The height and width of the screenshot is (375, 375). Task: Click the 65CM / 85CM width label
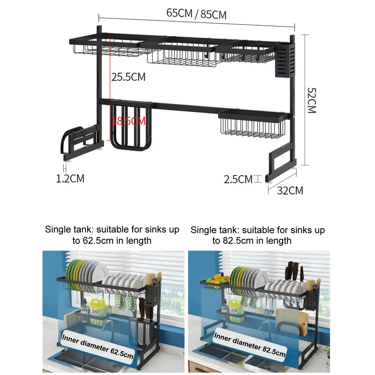pyautogui.click(x=196, y=14)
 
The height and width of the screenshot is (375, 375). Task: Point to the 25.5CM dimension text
pyautogui.click(x=128, y=77)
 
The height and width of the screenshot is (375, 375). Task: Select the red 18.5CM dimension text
pyautogui.click(x=129, y=121)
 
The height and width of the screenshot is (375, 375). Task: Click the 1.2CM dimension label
pyautogui.click(x=70, y=178)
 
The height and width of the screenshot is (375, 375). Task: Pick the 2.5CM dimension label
pyautogui.click(x=238, y=179)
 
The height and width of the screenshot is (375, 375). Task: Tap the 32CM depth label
pyautogui.click(x=290, y=191)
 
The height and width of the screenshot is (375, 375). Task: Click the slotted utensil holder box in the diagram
pyautogui.click(x=285, y=60)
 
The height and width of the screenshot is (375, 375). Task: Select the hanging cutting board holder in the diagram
pyautogui.click(x=131, y=127)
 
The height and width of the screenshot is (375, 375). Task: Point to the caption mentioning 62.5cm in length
pyautogui.click(x=112, y=235)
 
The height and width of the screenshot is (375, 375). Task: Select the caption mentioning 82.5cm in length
pyautogui.click(x=257, y=235)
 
